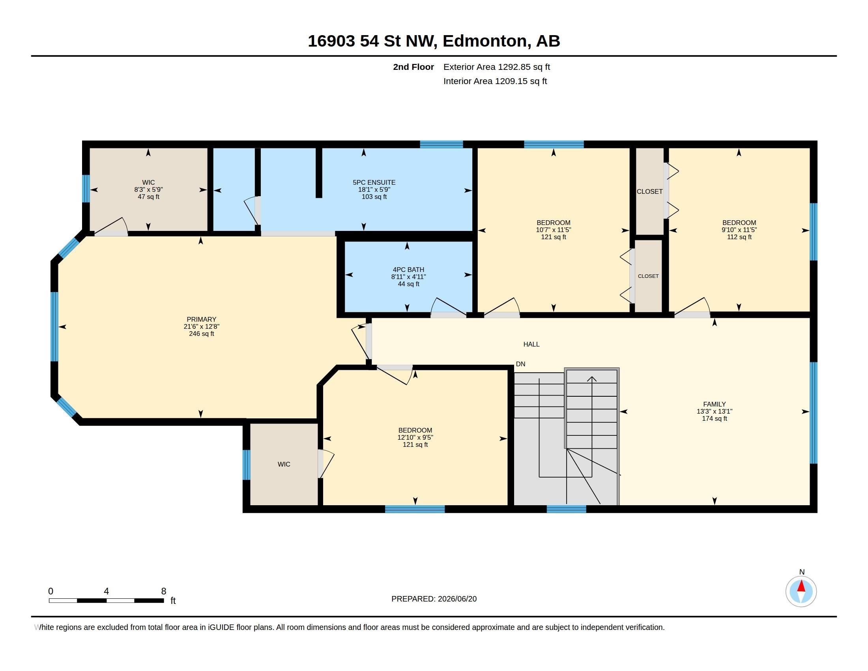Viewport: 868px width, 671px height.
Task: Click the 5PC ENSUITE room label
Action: tap(374, 182)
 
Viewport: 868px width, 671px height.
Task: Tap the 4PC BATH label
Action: tap(408, 270)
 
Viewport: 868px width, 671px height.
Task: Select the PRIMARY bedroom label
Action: tap(202, 319)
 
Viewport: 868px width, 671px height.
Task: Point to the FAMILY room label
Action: tap(714, 404)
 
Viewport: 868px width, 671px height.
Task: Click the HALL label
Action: tap(531, 344)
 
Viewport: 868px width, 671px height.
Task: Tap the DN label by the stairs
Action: tap(521, 364)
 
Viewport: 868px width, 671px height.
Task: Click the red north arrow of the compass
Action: tap(801, 586)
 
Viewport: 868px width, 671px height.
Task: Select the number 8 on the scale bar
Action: tap(163, 591)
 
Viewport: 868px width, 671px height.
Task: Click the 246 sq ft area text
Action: tap(202, 334)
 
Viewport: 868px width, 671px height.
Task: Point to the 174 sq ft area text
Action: tap(714, 418)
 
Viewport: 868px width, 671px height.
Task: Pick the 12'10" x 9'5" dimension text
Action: tap(415, 437)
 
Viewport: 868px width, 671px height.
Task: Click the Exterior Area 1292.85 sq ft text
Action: tap(496, 67)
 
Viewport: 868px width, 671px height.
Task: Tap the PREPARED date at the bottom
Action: tap(434, 599)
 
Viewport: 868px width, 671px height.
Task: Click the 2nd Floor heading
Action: tap(413, 67)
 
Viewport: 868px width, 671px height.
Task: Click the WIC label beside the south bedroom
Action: tap(284, 464)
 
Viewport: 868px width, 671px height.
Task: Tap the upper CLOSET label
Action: tap(649, 191)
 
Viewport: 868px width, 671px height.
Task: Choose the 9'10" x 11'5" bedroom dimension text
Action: tap(739, 230)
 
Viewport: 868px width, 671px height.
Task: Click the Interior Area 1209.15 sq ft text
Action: tap(495, 81)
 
